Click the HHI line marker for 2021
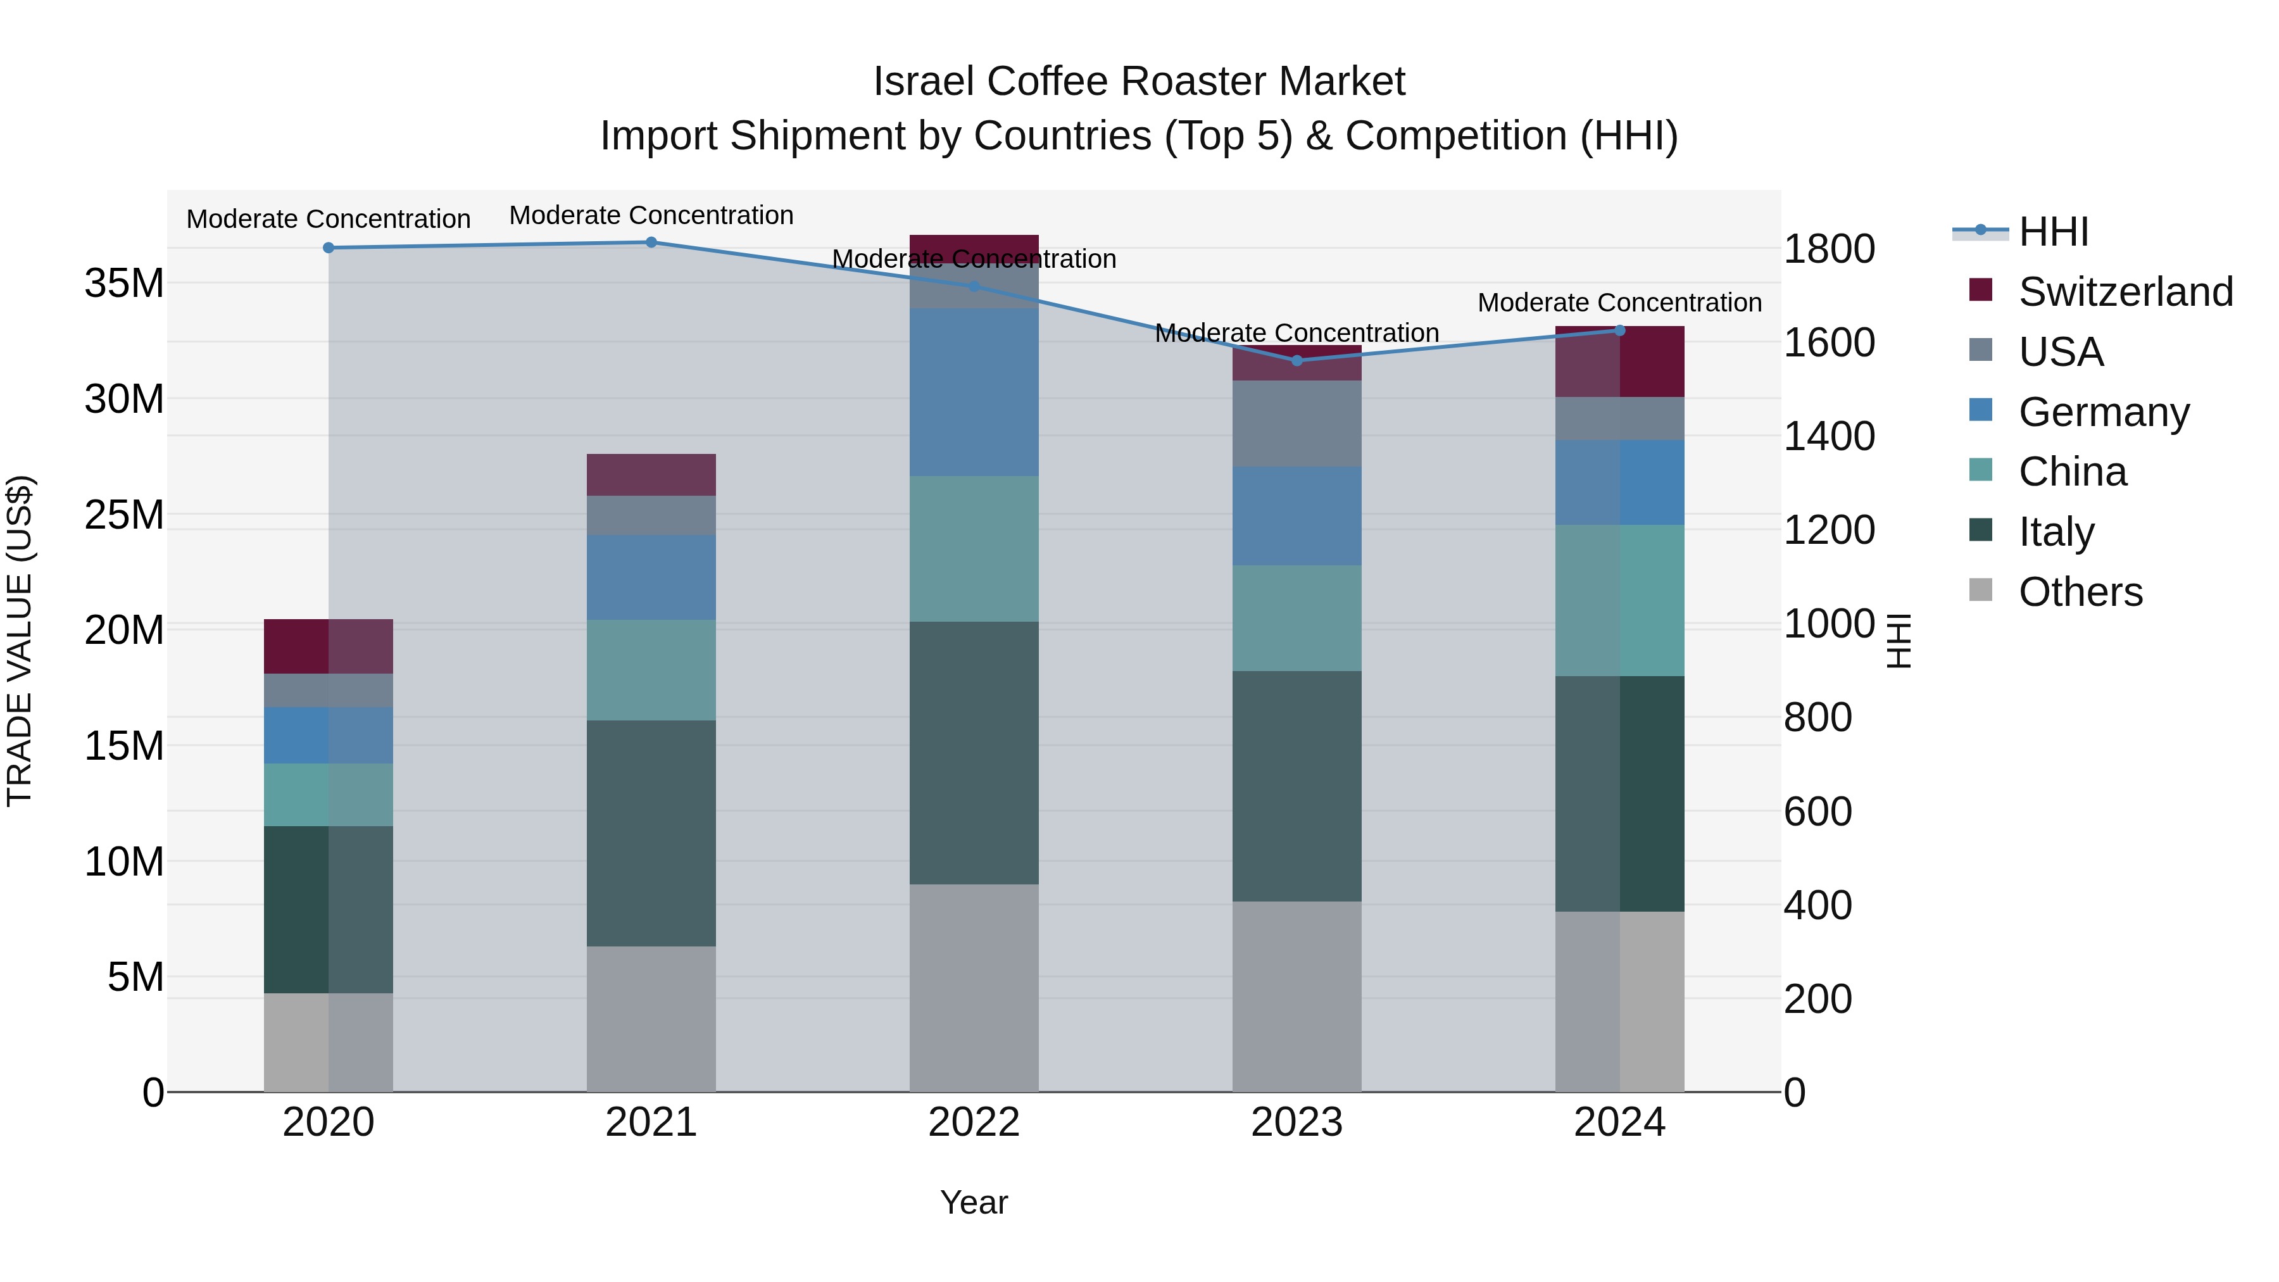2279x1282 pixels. click(x=651, y=242)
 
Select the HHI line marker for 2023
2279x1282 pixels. click(x=1297, y=360)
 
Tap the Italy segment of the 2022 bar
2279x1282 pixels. click(x=974, y=752)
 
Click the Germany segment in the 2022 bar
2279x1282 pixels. click(x=974, y=392)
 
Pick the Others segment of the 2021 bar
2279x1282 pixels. click(x=651, y=1019)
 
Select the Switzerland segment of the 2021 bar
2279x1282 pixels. click(x=651, y=475)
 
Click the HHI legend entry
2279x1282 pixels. click(x=2052, y=232)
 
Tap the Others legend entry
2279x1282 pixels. click(x=2079, y=592)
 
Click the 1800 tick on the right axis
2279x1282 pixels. click(x=1828, y=249)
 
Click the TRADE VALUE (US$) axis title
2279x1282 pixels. click(x=20, y=641)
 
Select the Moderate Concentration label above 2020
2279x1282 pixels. click(x=328, y=218)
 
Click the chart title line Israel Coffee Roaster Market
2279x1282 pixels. click(x=1139, y=82)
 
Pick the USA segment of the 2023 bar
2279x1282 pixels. click(x=1297, y=423)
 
